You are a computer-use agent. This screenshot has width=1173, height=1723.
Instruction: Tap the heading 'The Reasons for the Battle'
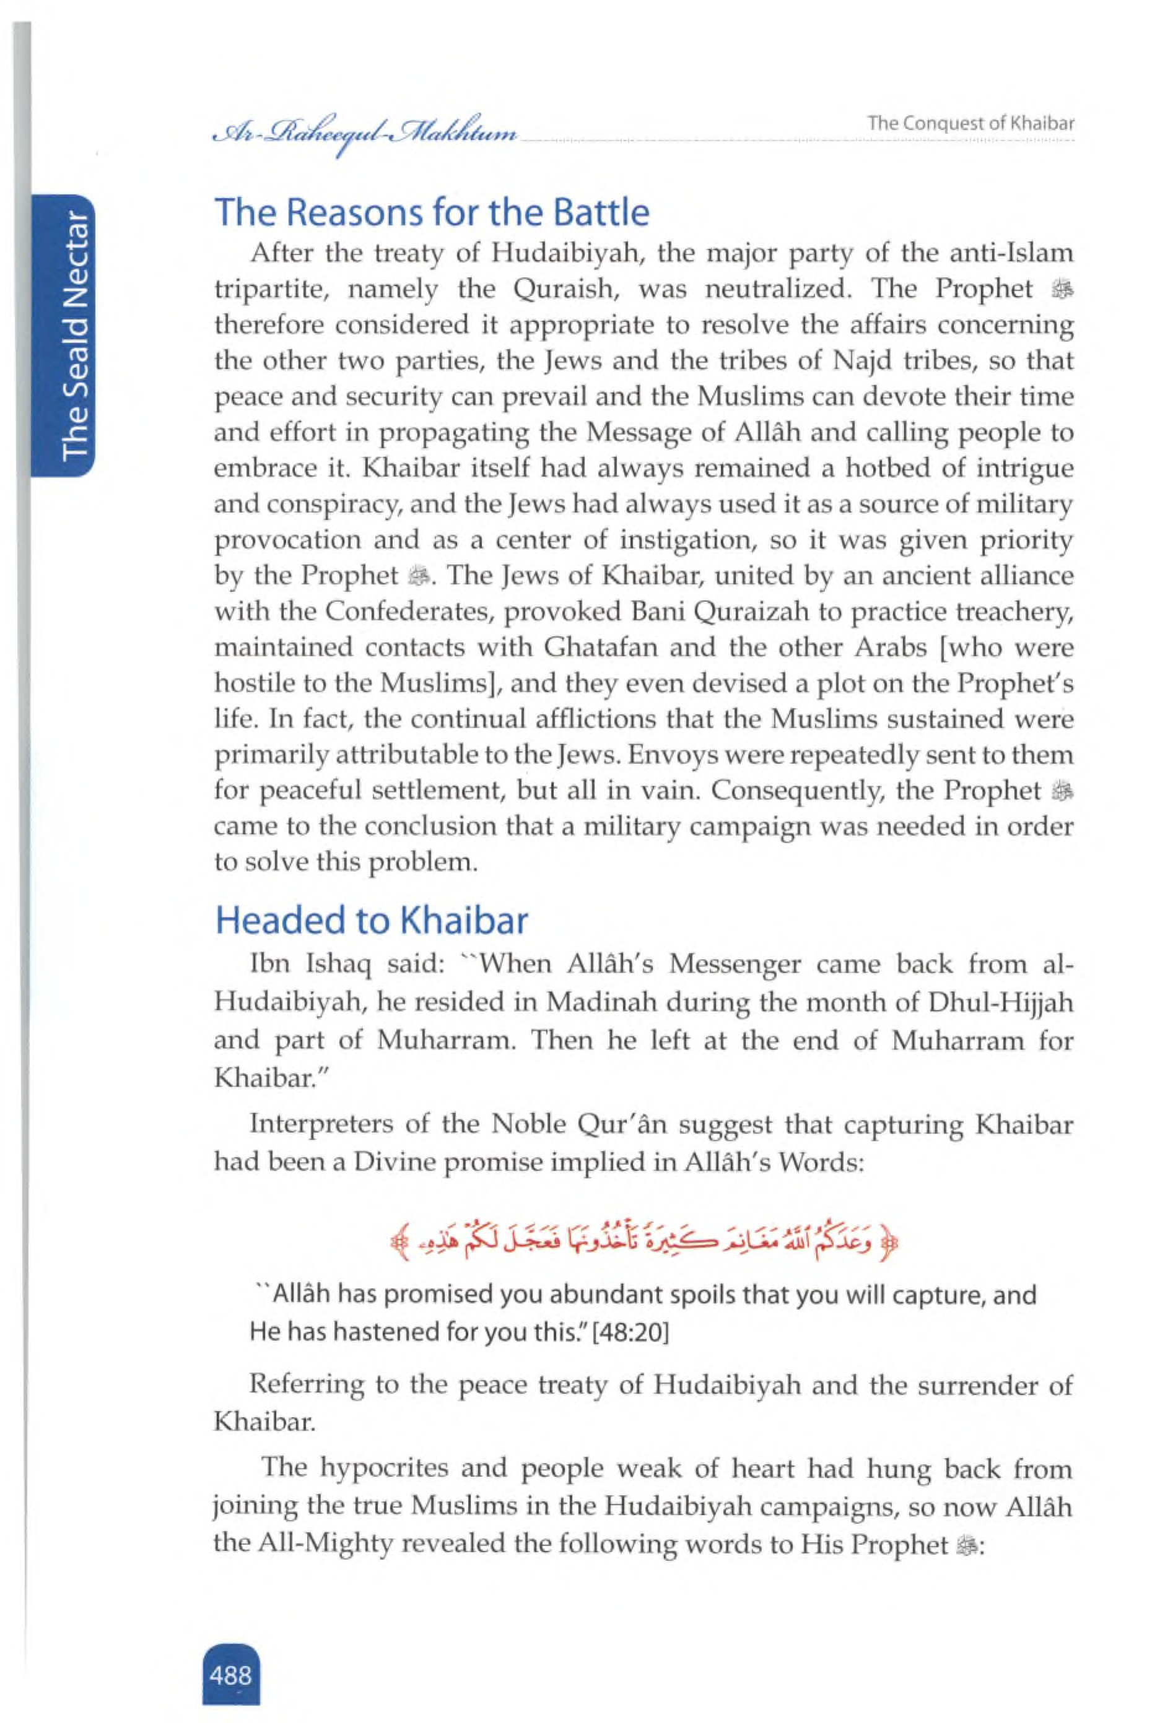coord(432,213)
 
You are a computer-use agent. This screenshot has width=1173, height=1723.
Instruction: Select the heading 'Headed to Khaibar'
coord(371,921)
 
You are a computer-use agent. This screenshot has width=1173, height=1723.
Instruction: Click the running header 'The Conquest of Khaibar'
coord(970,124)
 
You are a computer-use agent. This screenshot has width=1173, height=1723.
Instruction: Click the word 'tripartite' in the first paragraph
coord(270,289)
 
